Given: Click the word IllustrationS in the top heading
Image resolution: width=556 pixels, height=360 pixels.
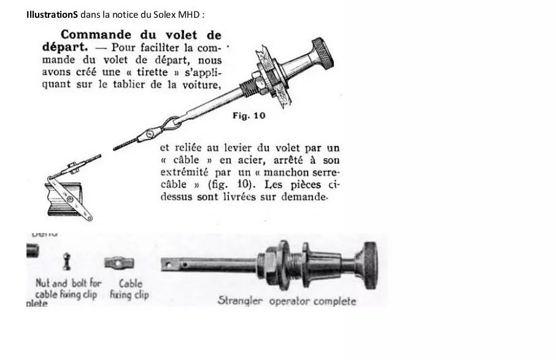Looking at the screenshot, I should pyautogui.click(x=52, y=13).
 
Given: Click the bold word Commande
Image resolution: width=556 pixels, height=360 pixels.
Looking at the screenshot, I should pyautogui.click(x=98, y=35).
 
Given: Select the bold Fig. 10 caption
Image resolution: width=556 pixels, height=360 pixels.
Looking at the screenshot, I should pyautogui.click(x=249, y=115).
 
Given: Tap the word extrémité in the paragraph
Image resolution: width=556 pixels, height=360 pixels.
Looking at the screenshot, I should pyautogui.click(x=186, y=172).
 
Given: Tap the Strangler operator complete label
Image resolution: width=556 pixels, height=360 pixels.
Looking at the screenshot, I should pyautogui.click(x=287, y=301).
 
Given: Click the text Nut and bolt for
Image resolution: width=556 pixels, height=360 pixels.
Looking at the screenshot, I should pyautogui.click(x=68, y=283).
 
